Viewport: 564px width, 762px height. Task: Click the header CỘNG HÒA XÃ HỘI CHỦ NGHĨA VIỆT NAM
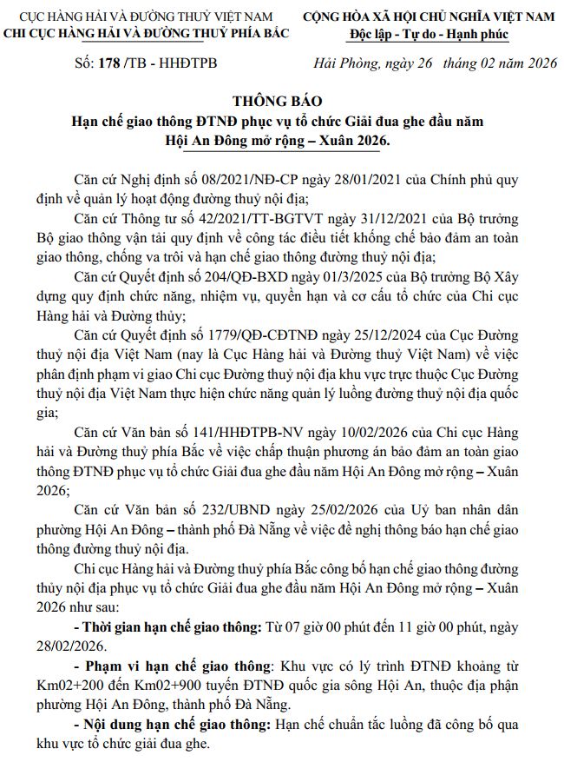pos(429,17)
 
